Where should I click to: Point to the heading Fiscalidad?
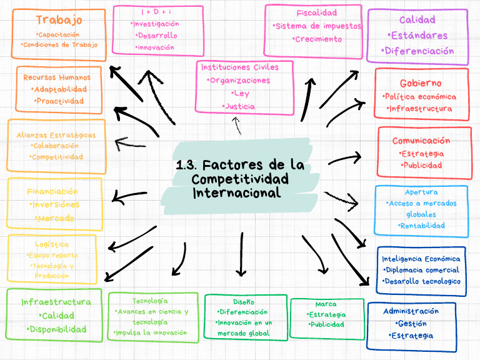[316, 12]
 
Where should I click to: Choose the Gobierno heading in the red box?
[421, 83]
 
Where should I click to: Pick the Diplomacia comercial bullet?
[421, 270]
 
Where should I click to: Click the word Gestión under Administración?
[411, 324]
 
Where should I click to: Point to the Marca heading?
[326, 304]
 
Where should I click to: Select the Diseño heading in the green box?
[244, 301]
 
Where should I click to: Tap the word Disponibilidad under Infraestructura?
[56, 329]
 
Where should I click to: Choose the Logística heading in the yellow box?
[52, 244]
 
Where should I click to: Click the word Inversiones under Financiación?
[54, 205]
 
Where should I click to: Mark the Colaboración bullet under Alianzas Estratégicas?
[56, 146]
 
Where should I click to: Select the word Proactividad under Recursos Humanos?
[59, 101]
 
